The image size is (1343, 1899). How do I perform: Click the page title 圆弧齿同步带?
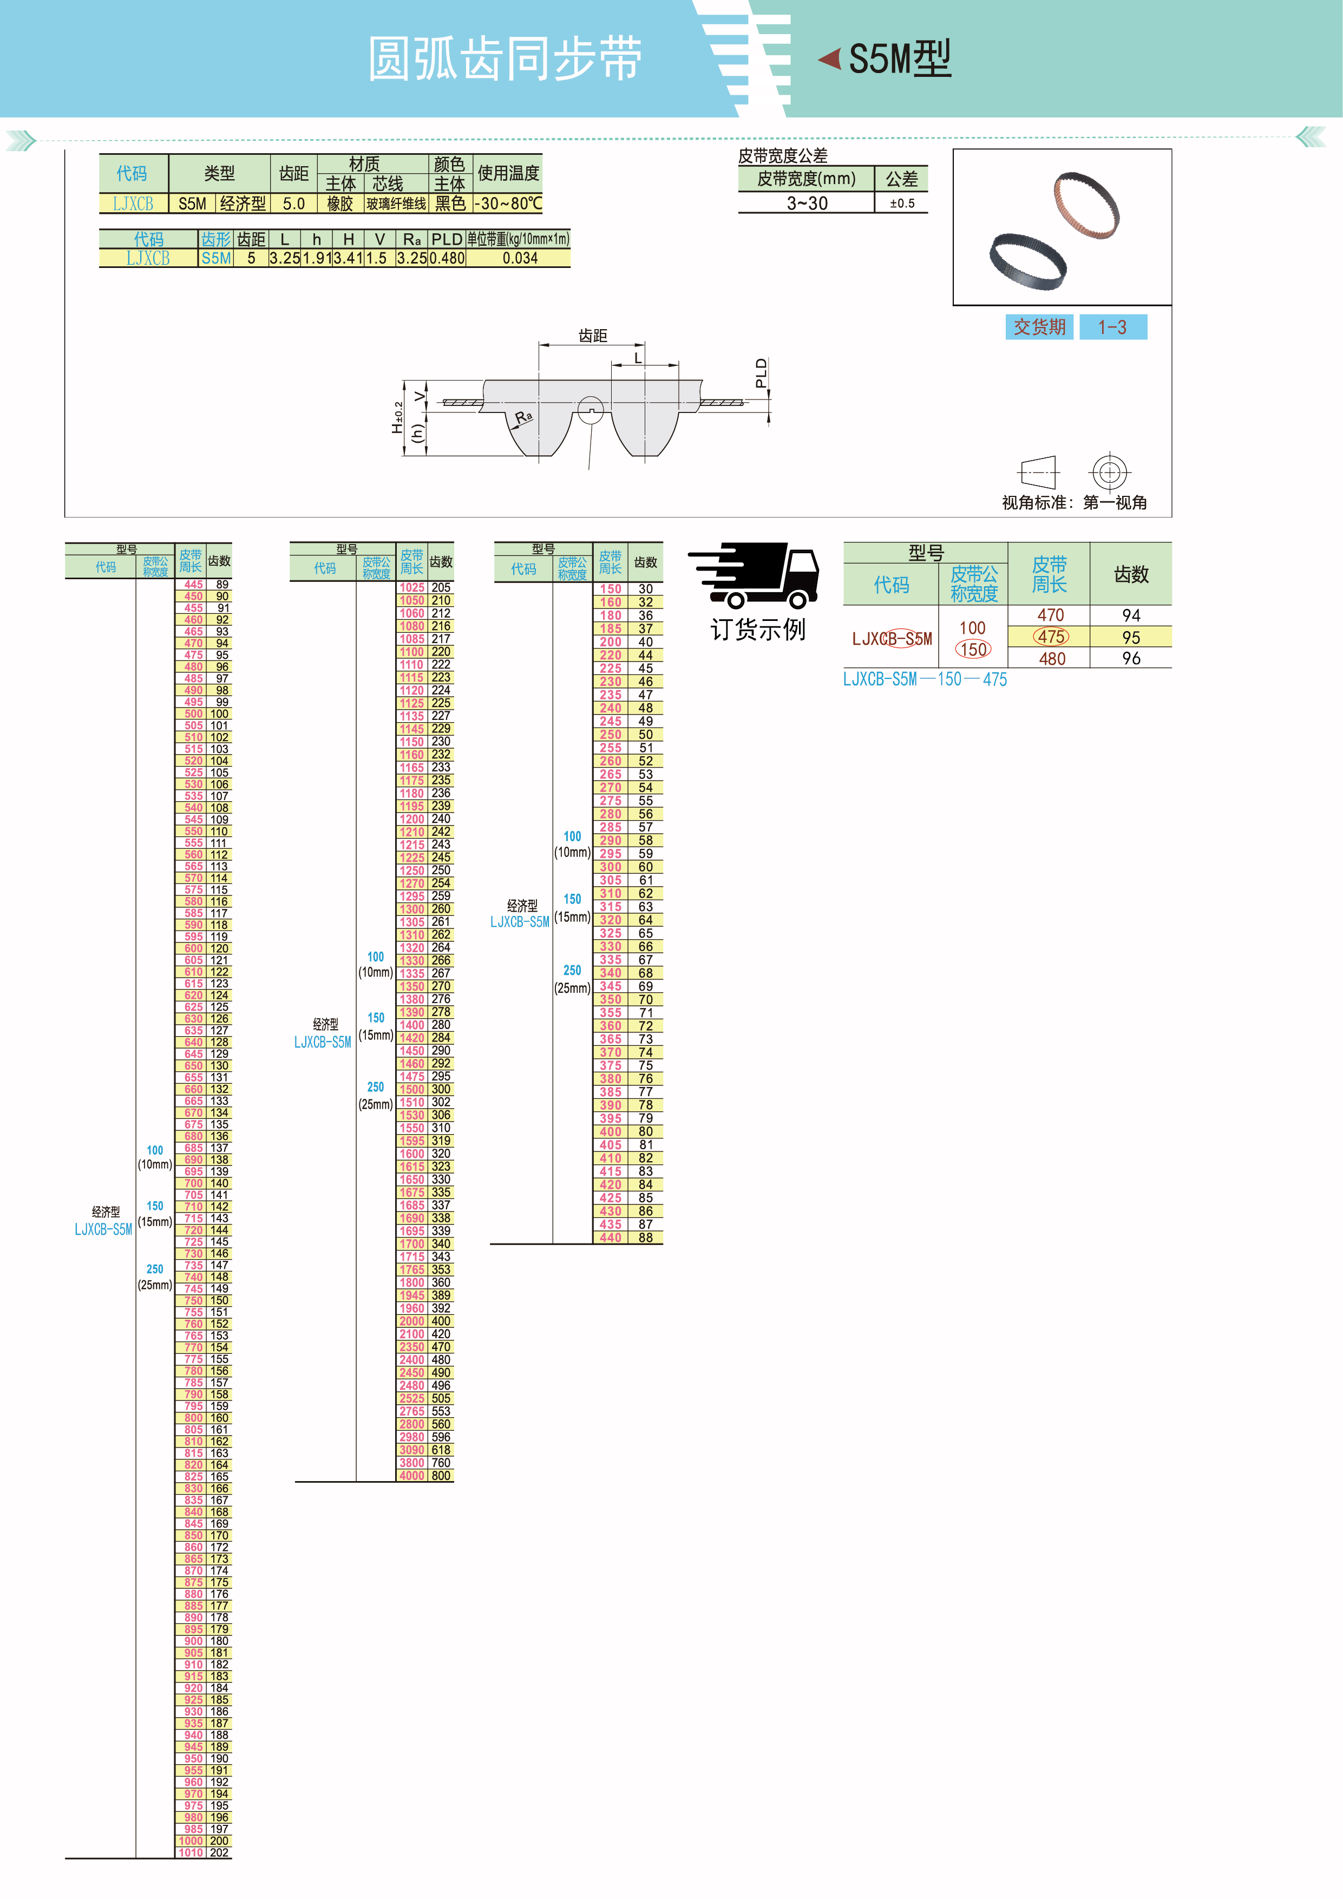[505, 60]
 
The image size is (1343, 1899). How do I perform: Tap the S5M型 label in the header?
[899, 60]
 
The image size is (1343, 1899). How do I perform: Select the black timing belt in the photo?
[1028, 261]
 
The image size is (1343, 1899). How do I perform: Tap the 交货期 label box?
[1039, 327]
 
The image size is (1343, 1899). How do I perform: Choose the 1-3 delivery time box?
[1112, 327]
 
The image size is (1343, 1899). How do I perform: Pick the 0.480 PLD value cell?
[447, 258]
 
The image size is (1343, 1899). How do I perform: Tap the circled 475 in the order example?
[1051, 637]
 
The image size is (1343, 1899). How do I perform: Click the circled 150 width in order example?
[973, 649]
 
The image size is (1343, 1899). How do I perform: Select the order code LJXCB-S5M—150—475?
[925, 679]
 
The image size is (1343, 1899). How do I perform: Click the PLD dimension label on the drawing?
[761, 373]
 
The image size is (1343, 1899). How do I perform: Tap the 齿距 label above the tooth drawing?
[592, 335]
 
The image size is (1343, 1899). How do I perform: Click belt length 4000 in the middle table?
[412, 1476]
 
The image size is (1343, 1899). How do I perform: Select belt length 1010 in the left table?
[191, 1852]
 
